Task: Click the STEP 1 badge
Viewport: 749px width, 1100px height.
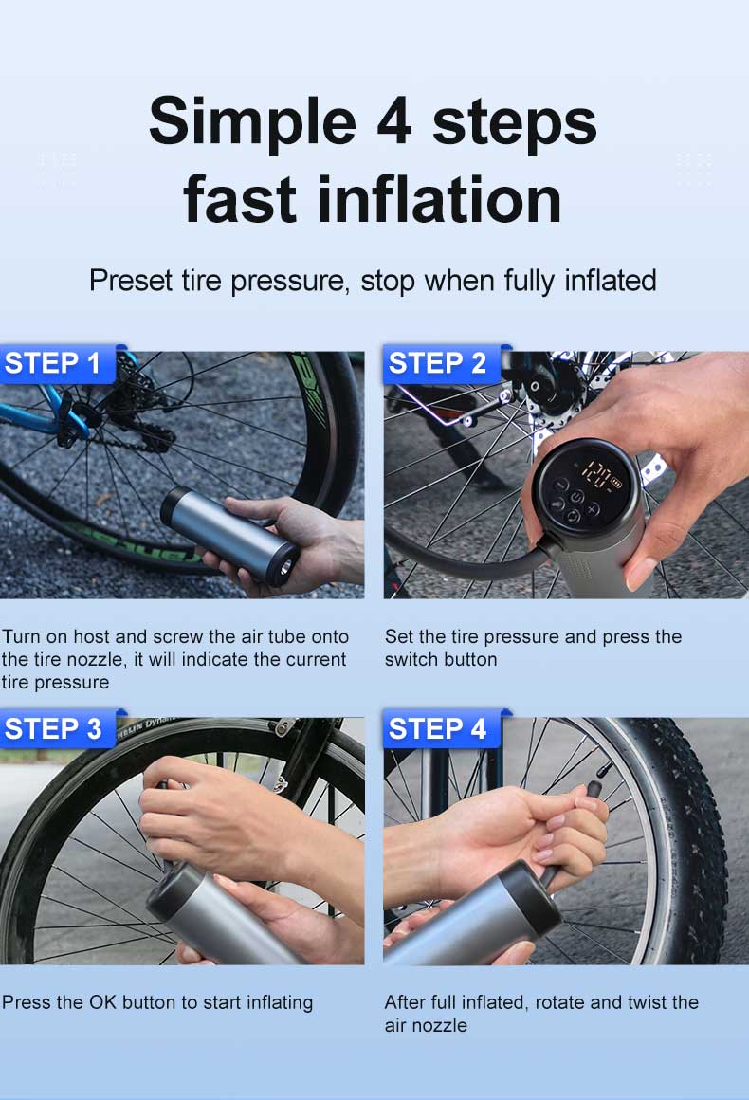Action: click(58, 363)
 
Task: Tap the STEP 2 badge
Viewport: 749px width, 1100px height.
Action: click(442, 363)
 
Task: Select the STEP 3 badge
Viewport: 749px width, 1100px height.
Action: click(58, 729)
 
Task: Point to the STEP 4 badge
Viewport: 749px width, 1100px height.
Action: click(442, 729)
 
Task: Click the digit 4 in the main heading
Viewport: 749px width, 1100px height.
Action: click(393, 122)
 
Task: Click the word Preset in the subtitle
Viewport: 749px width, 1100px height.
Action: click(131, 281)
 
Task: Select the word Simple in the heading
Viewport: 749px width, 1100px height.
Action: click(252, 123)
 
